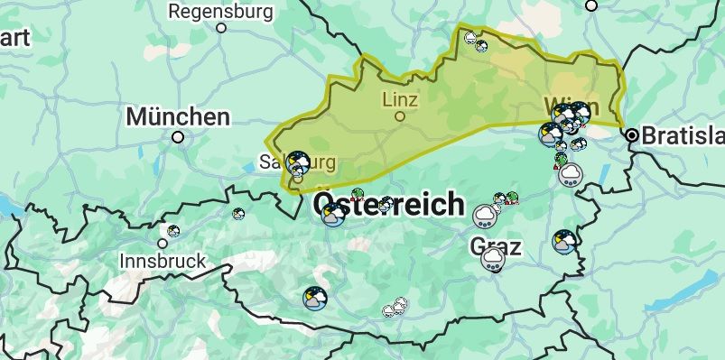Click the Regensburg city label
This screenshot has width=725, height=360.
[x=220, y=12]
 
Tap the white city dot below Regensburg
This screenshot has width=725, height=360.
[x=221, y=27]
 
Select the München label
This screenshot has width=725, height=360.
[x=178, y=116]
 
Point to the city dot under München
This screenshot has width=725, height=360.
[x=178, y=137]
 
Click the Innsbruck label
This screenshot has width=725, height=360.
[x=163, y=262]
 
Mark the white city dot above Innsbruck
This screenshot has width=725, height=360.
[x=163, y=243]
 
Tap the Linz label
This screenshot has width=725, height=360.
[x=400, y=98]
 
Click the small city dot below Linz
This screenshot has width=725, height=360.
[x=400, y=115]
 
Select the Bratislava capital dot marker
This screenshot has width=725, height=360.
[x=632, y=135]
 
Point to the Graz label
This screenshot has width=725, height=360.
[x=496, y=245]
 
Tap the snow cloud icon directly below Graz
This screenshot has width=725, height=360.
[x=492, y=261]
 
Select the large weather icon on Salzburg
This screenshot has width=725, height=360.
[x=298, y=163]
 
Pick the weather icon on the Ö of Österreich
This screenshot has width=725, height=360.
[x=332, y=215]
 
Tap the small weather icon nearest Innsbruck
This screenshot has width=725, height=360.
[x=173, y=231]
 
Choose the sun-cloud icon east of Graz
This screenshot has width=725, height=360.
[x=564, y=241]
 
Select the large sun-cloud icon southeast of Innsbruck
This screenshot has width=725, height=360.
[x=315, y=298]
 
